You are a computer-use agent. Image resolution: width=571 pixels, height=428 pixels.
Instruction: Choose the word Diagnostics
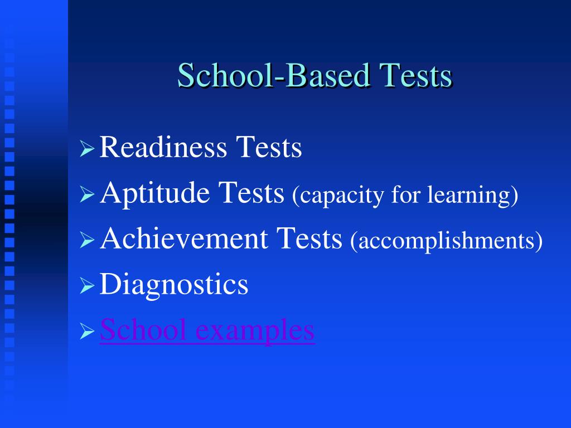174,285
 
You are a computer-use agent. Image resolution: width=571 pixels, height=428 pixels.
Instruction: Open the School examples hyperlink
207,330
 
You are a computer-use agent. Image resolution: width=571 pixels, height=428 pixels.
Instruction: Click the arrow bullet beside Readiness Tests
87,150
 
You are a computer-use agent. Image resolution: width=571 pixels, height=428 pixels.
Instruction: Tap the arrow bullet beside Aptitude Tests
87,195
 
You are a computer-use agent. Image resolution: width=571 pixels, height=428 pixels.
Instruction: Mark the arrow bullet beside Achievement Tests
87,241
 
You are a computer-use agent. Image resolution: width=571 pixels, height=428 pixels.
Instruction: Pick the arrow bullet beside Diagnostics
87,286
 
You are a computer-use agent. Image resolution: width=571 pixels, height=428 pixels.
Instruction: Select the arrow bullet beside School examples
87,332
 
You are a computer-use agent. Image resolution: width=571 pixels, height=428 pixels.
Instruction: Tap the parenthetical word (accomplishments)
447,242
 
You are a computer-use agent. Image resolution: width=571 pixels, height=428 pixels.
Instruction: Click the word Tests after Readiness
268,148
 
